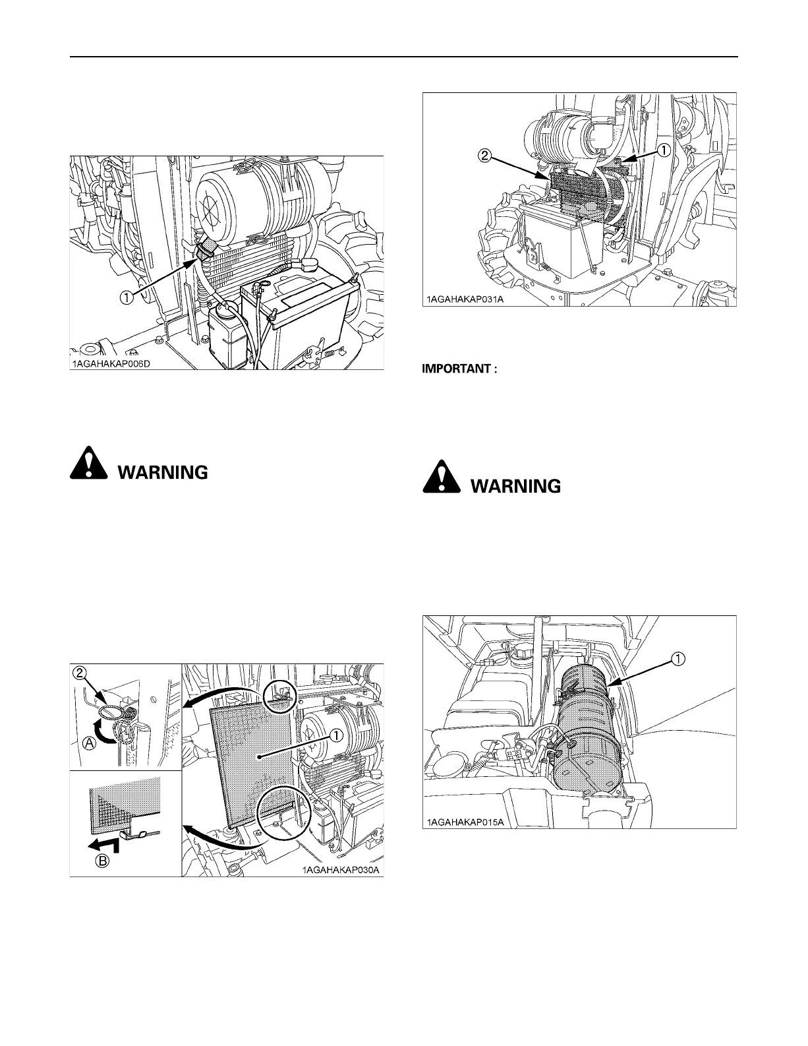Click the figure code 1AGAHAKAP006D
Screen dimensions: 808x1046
tap(112, 363)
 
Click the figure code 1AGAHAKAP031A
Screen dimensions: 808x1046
tap(465, 300)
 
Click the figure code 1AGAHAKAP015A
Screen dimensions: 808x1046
tap(465, 822)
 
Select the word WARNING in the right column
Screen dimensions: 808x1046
tap(516, 487)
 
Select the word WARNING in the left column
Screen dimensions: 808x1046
tap(163, 472)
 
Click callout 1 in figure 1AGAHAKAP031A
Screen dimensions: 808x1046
tap(664, 150)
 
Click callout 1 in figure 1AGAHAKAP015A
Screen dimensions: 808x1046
tap(678, 657)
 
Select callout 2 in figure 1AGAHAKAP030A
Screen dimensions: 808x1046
tap(80, 673)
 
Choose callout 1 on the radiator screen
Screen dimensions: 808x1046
tap(337, 735)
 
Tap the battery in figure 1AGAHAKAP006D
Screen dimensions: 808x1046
tap(297, 310)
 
